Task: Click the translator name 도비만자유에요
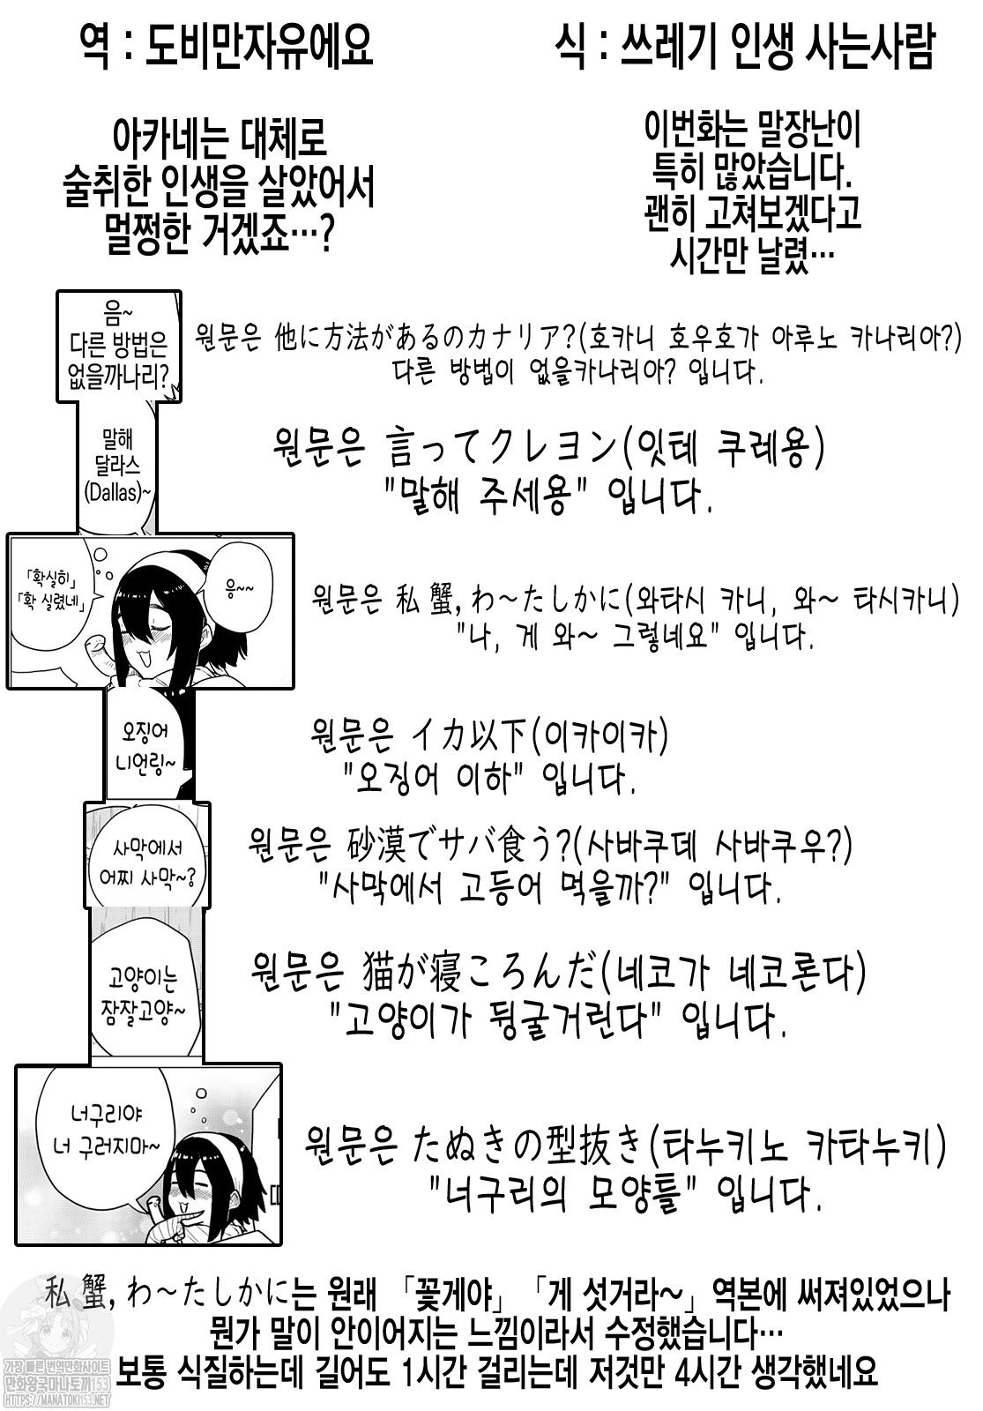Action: pos(259,46)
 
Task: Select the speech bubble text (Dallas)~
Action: pos(118,493)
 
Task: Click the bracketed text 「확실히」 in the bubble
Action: pos(48,577)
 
